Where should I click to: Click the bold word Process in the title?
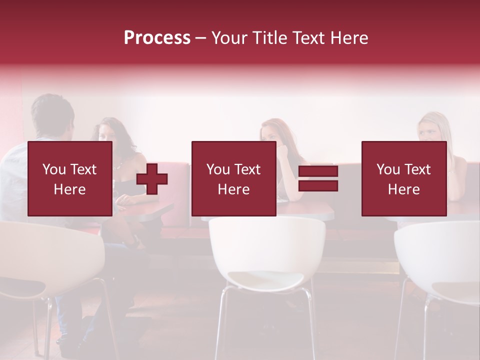coord(157,38)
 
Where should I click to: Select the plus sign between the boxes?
coord(152,178)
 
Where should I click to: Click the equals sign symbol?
coord(318,178)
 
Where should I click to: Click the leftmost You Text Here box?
coord(69,178)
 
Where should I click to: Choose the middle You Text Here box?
coord(233,178)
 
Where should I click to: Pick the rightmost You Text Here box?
coord(403,178)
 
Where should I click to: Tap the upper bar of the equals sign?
coord(318,171)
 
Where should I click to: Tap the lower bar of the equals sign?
coord(318,185)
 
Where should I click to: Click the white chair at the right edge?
coord(440,260)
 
